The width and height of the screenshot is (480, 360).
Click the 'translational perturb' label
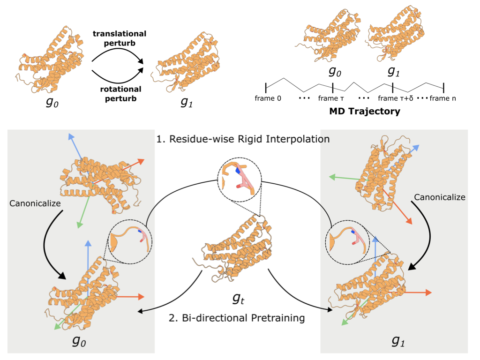[x=119, y=38]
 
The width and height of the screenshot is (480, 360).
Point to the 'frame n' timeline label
[x=442, y=98]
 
